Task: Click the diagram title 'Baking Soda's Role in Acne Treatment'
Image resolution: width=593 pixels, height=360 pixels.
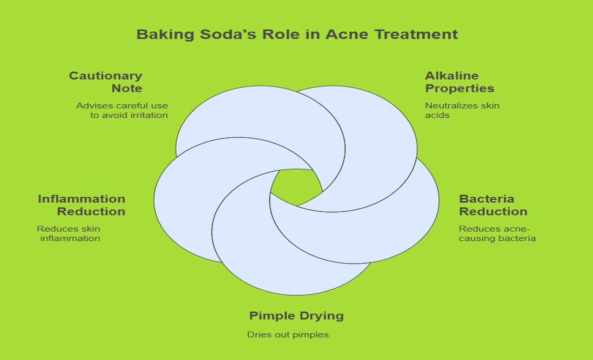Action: click(297, 35)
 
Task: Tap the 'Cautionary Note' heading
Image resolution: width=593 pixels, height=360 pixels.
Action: click(106, 82)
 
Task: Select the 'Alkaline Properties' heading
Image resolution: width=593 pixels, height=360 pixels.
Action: click(460, 82)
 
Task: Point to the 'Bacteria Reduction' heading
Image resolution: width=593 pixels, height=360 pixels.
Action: click(493, 205)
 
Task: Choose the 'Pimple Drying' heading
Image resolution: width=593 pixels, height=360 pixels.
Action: click(296, 315)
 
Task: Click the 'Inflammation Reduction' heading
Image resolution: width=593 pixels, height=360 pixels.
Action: click(82, 205)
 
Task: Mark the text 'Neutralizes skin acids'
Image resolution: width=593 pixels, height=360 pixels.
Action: click(463, 110)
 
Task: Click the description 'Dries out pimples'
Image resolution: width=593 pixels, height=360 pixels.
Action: click(288, 335)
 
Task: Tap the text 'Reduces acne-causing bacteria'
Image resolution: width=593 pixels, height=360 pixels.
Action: click(498, 233)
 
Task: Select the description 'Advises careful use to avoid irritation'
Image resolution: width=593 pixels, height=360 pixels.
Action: click(122, 110)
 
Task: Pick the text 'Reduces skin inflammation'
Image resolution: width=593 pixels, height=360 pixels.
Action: click(69, 233)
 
